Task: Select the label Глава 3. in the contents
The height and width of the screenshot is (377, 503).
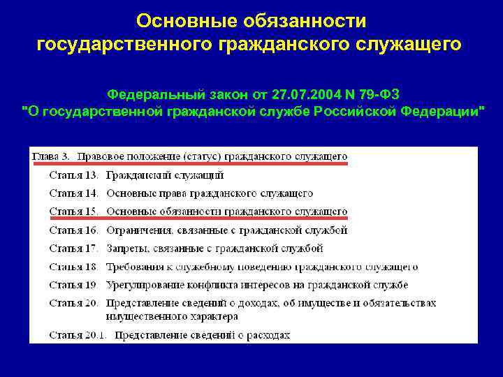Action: pyautogui.click(x=50, y=156)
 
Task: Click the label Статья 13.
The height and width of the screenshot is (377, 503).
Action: pyautogui.click(x=73, y=175)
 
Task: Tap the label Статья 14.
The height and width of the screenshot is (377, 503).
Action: pyautogui.click(x=73, y=193)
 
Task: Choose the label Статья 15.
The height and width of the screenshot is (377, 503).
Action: pyautogui.click(x=73, y=211)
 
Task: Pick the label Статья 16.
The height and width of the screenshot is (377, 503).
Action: pyautogui.click(x=73, y=229)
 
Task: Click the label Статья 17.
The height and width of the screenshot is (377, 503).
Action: pyautogui.click(x=73, y=247)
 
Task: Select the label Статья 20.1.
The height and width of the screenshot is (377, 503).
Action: pyautogui.click(x=78, y=334)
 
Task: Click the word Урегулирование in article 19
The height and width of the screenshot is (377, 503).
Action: pyautogui.click(x=145, y=284)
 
